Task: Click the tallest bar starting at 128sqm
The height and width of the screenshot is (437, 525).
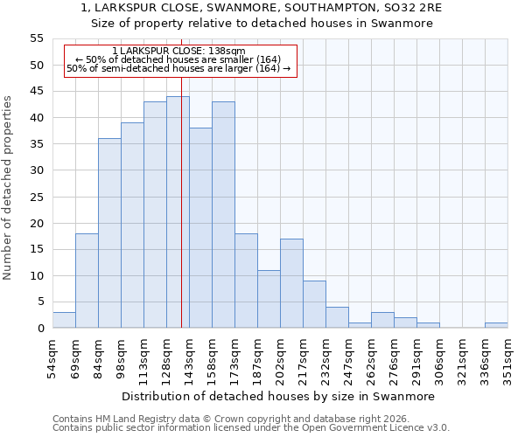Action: [178, 212]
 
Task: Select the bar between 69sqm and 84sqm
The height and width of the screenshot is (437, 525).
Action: [87, 281]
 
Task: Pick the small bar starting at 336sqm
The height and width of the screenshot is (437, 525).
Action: [496, 325]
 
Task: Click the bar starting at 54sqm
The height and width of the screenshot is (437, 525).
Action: [64, 320]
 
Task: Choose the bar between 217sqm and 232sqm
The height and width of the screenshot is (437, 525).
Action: [314, 304]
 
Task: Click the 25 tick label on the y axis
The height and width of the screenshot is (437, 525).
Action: [36, 197]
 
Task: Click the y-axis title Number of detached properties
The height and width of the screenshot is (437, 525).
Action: [8, 188]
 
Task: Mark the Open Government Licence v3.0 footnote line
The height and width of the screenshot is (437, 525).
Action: [251, 428]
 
